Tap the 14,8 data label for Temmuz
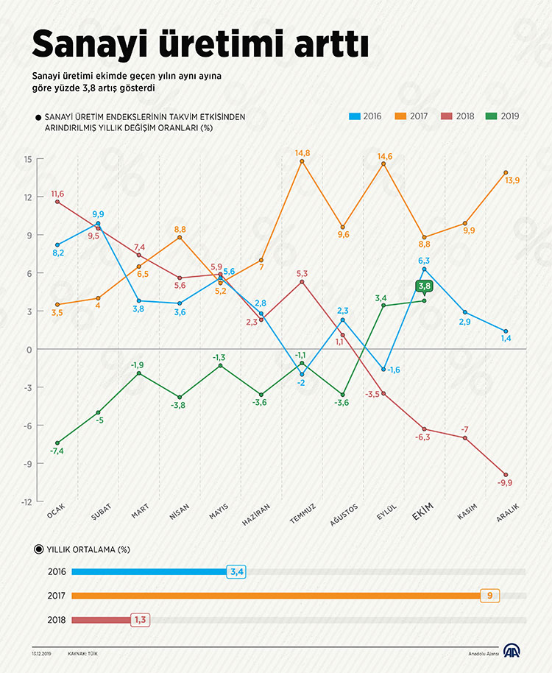point(302,153)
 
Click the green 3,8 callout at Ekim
point(424,286)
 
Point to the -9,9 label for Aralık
point(505,483)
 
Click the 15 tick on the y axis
point(27,159)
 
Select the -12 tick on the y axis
point(26,501)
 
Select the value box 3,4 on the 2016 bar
point(237,571)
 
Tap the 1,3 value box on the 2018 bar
point(141,620)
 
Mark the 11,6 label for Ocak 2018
point(57,194)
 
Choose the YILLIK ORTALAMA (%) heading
point(88,549)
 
